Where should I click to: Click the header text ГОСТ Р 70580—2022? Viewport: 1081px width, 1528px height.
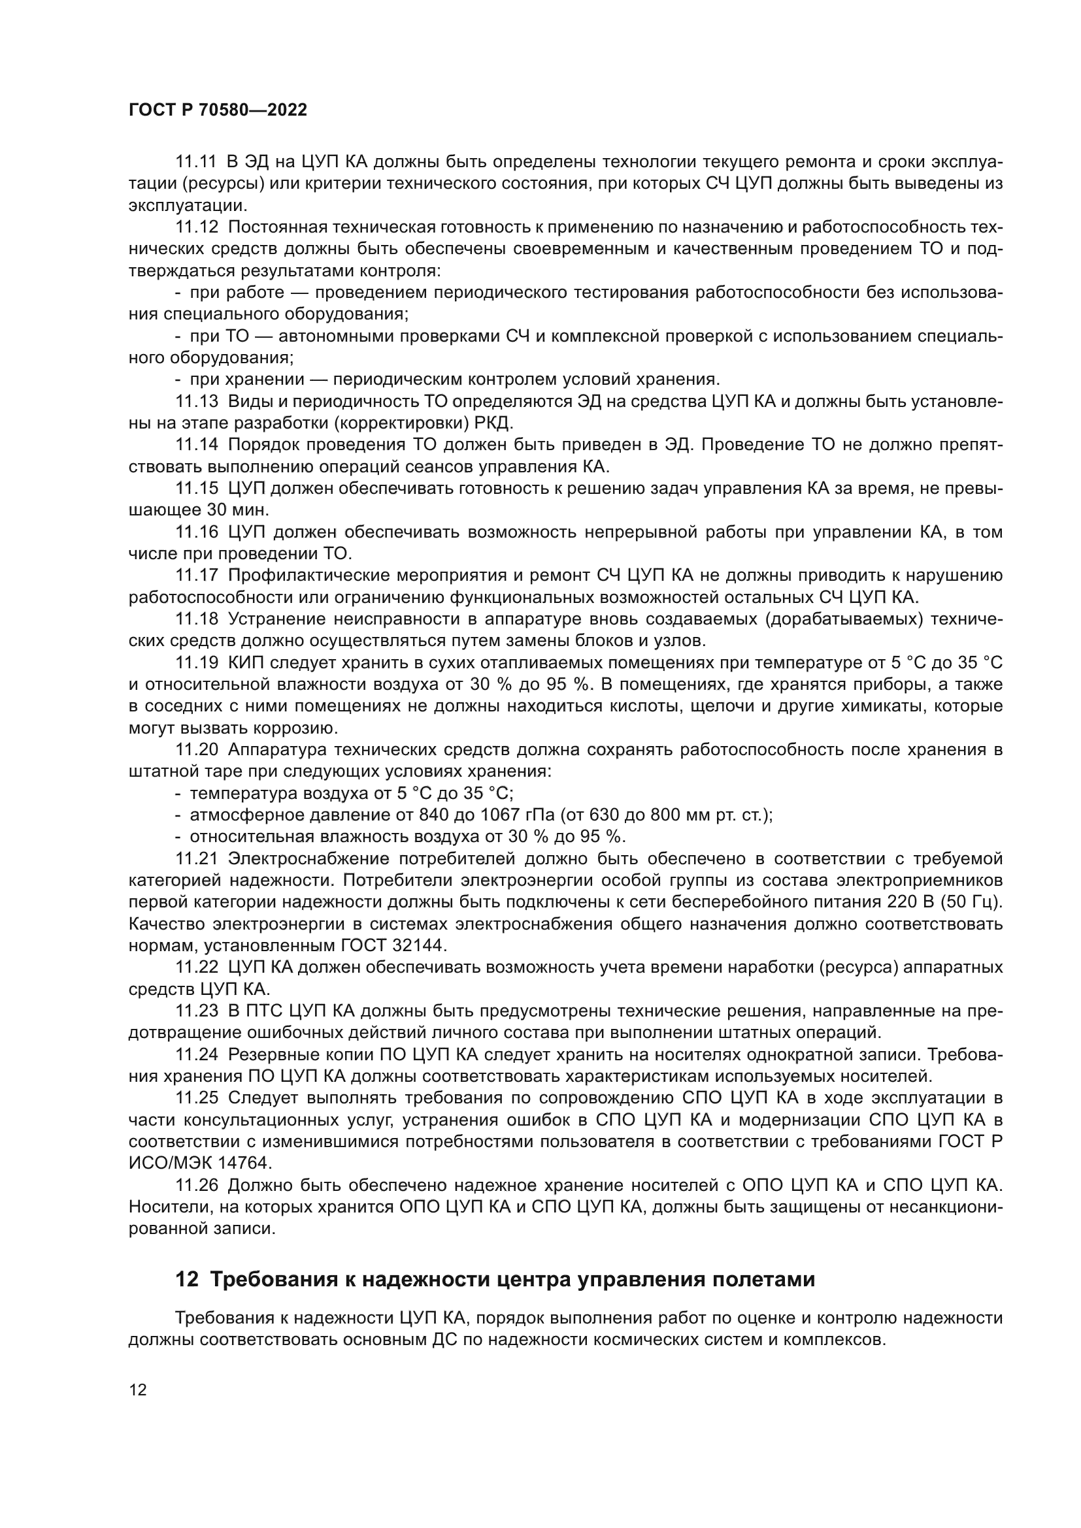(x=218, y=110)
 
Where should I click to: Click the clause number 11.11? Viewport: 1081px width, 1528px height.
(x=196, y=162)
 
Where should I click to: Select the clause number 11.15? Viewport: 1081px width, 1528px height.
(x=196, y=489)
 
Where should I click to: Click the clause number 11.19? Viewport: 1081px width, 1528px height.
(x=196, y=663)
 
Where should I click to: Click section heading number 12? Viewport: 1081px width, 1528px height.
(x=186, y=1280)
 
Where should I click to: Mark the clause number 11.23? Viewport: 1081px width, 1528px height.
(x=196, y=1011)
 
